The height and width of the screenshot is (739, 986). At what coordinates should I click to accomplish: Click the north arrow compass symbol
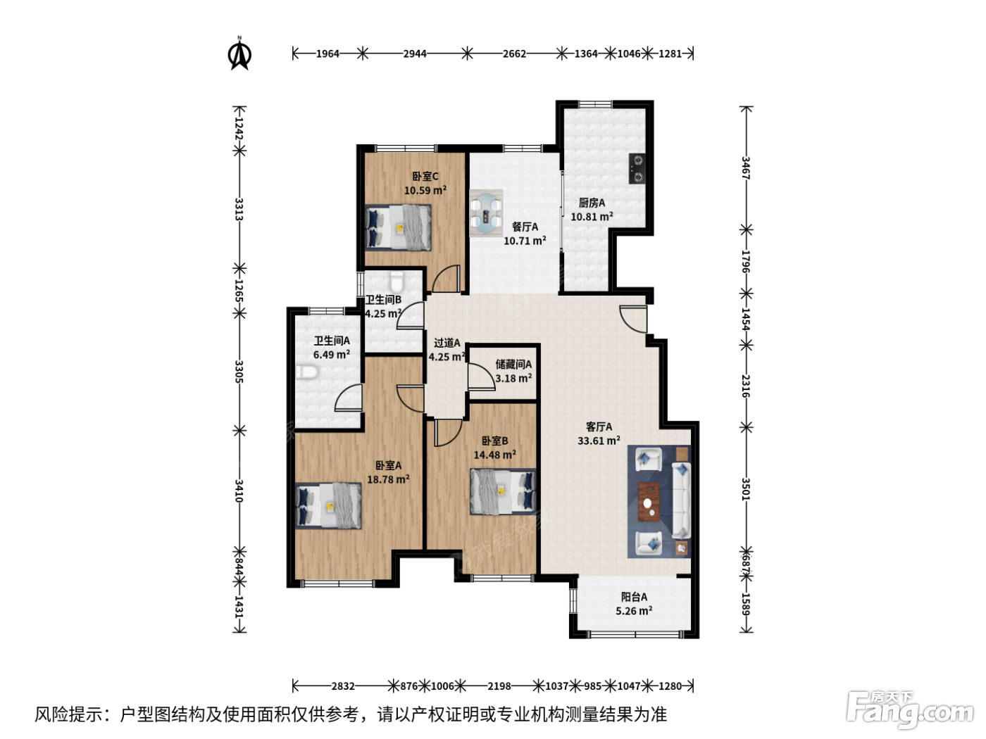point(239,54)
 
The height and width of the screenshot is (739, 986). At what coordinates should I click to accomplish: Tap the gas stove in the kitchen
point(637,168)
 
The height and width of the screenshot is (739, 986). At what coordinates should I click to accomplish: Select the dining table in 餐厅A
point(486,213)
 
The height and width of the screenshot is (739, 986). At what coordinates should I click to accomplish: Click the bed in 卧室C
point(399,227)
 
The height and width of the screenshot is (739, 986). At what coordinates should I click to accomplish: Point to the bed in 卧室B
point(503,492)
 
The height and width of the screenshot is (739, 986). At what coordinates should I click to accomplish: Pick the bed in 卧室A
point(328,505)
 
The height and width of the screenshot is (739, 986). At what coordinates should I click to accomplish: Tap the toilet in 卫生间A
point(307,372)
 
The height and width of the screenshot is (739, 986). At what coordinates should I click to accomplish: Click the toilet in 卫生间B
point(397,282)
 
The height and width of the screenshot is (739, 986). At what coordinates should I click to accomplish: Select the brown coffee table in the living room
point(649,502)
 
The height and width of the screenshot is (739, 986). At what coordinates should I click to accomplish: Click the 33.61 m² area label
point(599,441)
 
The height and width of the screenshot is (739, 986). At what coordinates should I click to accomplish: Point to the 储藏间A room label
point(513,365)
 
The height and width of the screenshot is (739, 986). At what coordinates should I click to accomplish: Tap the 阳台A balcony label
point(634,597)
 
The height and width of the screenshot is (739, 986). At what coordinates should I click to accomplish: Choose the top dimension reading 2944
point(415,54)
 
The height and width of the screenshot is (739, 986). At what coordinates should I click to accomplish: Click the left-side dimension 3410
point(239,491)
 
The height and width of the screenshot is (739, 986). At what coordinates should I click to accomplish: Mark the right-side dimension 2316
point(746,386)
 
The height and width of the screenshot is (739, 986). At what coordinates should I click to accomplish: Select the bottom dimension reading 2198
point(499,686)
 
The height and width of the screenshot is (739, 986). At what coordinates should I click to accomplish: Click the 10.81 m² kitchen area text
point(592,217)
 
